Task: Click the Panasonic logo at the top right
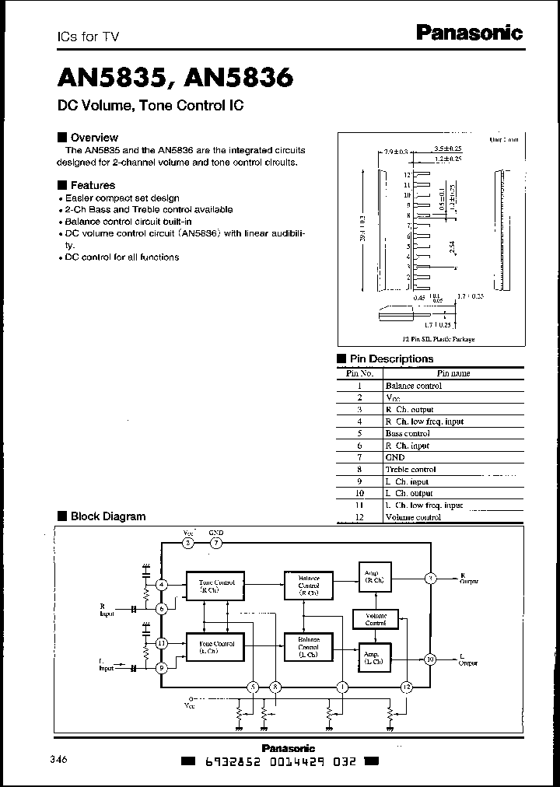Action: [469, 32]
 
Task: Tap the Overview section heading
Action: [94, 138]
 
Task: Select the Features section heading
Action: [93, 185]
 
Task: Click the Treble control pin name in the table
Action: [411, 470]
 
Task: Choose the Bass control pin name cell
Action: [408, 433]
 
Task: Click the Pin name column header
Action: [453, 373]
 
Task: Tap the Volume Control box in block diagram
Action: [375, 619]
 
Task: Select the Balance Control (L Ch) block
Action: [308, 645]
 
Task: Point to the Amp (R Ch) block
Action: [375, 576]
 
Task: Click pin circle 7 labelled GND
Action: [215, 543]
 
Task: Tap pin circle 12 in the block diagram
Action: [405, 687]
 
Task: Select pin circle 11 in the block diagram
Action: [162, 643]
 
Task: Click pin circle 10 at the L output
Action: [430, 659]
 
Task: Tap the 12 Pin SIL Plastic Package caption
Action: [438, 339]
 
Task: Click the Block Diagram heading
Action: [107, 516]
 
